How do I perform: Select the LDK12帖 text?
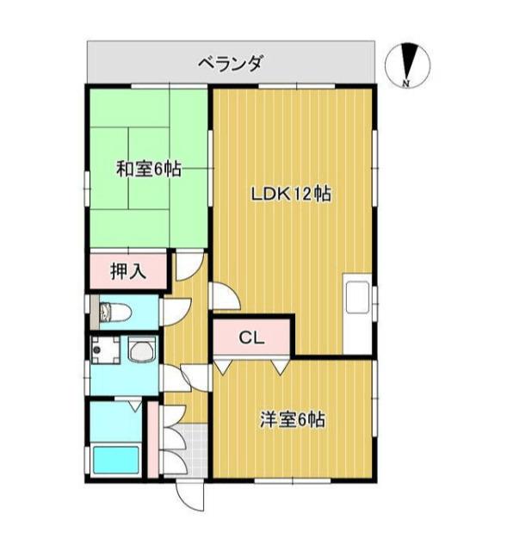(x=291, y=194)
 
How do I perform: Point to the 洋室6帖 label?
(x=293, y=421)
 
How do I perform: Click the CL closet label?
(x=250, y=337)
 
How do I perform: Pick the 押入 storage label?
(x=128, y=272)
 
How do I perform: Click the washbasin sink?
(x=141, y=350)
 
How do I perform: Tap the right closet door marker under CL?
(x=281, y=365)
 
